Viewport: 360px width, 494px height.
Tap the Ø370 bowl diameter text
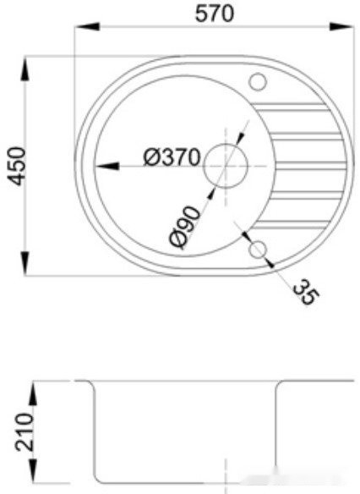tap(171, 156)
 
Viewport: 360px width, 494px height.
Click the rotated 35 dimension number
tap(305, 293)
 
